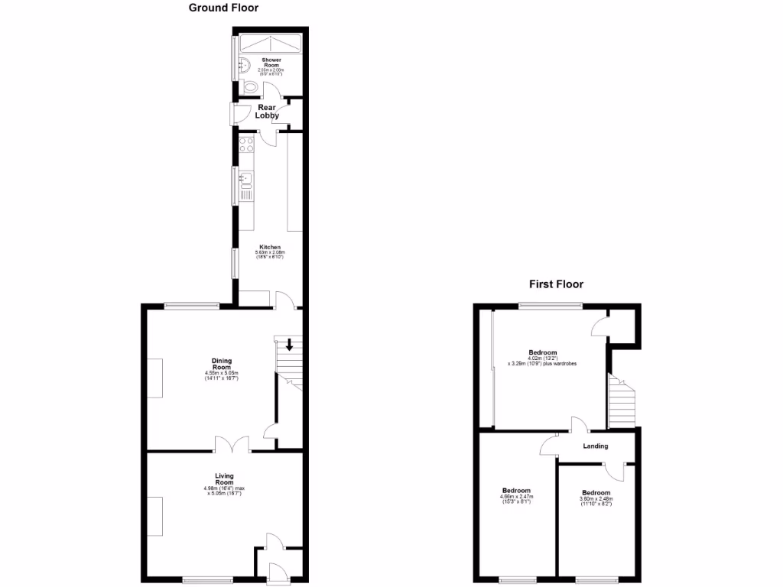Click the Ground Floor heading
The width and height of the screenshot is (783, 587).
tap(223, 8)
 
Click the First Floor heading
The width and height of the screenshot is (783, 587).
tap(556, 284)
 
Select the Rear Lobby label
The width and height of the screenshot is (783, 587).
tap(268, 112)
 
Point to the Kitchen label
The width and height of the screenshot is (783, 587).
tap(271, 248)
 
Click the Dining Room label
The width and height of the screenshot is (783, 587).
tap(222, 364)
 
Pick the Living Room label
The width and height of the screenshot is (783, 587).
tap(223, 479)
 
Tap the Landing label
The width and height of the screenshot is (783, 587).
tap(596, 446)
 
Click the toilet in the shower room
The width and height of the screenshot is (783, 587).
tap(249, 87)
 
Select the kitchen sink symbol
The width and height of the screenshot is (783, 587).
tap(245, 180)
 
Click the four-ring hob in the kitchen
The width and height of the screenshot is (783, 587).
tap(246, 144)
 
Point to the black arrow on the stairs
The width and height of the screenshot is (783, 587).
tap(289, 345)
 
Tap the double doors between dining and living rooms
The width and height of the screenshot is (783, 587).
tap(232, 443)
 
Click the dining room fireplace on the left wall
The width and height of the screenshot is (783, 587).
tap(155, 378)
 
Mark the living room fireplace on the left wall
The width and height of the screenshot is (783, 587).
tap(155, 516)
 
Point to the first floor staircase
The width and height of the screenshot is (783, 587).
tap(621, 401)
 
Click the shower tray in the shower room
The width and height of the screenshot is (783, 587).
tap(271, 43)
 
